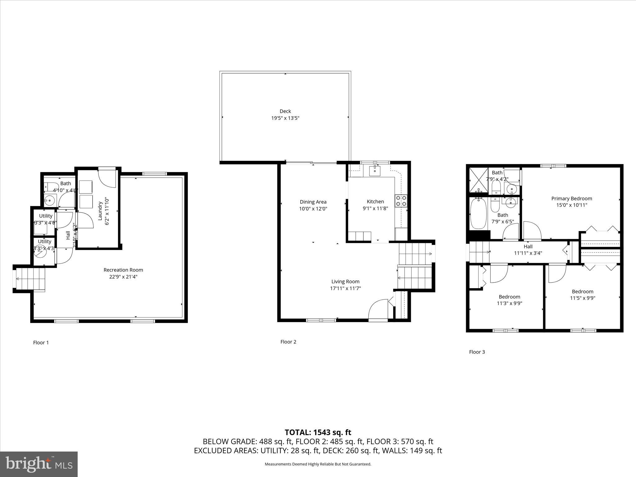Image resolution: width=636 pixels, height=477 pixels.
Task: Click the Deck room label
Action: (285, 111)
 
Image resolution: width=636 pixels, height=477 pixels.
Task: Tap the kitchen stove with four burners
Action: (401, 201)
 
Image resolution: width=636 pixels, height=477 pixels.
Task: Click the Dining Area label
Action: (313, 202)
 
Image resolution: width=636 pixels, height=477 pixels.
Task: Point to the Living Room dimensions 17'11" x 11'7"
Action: (345, 288)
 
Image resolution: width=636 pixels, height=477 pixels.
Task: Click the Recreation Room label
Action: (123, 270)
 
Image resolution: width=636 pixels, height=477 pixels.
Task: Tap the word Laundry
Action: (100, 211)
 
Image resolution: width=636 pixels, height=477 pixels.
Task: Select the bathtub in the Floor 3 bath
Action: (478, 214)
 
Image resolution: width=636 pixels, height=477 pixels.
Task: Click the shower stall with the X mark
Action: (478, 179)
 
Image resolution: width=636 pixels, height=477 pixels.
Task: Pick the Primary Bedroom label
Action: (571, 198)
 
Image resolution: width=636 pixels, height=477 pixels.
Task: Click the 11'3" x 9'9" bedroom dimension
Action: (509, 303)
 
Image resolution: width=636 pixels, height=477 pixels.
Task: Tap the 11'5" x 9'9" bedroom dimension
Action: (582, 298)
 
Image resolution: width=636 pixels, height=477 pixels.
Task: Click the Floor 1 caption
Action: (41, 343)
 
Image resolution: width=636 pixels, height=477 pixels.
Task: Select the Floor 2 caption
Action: (288, 342)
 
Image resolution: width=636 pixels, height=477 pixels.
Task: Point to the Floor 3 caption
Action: (477, 352)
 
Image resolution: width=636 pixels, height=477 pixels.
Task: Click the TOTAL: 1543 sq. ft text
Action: (318, 432)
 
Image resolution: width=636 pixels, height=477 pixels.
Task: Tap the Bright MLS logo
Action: (39, 464)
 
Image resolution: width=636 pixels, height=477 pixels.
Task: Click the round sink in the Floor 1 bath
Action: (49, 201)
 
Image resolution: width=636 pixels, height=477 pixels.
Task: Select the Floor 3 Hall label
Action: (528, 247)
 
